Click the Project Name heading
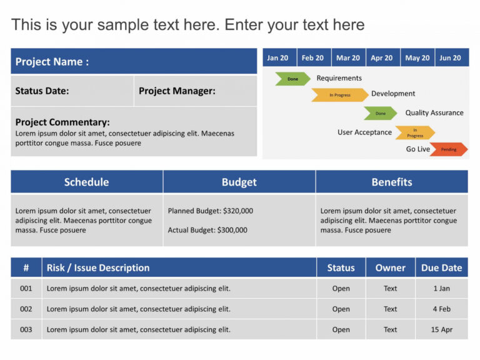[x=52, y=62]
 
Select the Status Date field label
[x=42, y=91]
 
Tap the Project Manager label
[x=177, y=91]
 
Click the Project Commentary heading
[x=62, y=122]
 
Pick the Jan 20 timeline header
[x=277, y=58]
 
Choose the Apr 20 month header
[x=381, y=58]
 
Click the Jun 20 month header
[x=450, y=58]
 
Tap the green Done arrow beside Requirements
[x=292, y=79]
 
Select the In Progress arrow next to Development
[x=340, y=95]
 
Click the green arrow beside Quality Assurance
[x=381, y=113]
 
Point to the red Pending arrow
[x=448, y=149]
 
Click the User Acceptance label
[x=364, y=132]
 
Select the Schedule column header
[x=86, y=182]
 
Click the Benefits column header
[x=392, y=182]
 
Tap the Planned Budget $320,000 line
[x=211, y=211]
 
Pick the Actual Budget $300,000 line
[x=207, y=230]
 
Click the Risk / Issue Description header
[x=98, y=267]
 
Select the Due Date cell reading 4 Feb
[x=442, y=309]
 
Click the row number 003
[x=26, y=329]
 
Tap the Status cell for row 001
[x=341, y=289]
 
